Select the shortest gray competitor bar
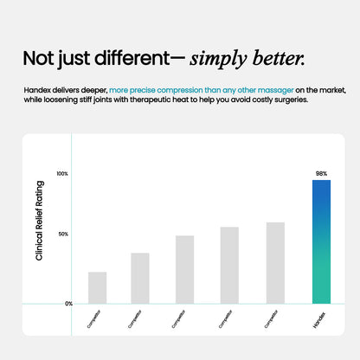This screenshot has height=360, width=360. click(98, 288)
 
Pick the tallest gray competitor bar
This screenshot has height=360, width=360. click(275, 263)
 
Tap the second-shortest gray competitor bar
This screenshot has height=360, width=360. click(140, 279)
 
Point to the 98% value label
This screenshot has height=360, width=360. click(321, 173)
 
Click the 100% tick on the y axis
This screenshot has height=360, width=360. click(62, 174)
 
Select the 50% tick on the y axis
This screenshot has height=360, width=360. click(62, 235)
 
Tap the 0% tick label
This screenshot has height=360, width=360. click(68, 304)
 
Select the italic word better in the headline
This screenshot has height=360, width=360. click(280, 58)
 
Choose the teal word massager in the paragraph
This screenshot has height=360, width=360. click(273, 89)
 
